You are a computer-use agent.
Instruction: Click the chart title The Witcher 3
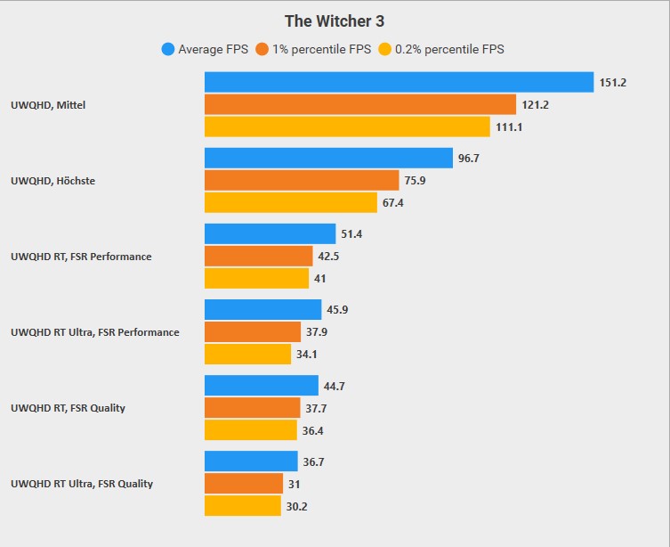[335, 20]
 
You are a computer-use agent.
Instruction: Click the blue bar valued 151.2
[399, 82]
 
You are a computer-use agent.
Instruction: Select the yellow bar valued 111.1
[347, 127]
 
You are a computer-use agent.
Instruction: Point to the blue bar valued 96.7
[328, 158]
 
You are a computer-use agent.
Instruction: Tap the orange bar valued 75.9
[302, 181]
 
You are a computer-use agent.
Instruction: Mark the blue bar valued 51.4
[270, 233]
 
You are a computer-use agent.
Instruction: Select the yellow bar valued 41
[256, 279]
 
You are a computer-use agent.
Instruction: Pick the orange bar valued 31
[244, 484]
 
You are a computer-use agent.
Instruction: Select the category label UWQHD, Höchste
[52, 181]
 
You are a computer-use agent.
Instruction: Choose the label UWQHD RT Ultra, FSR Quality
[82, 484]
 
